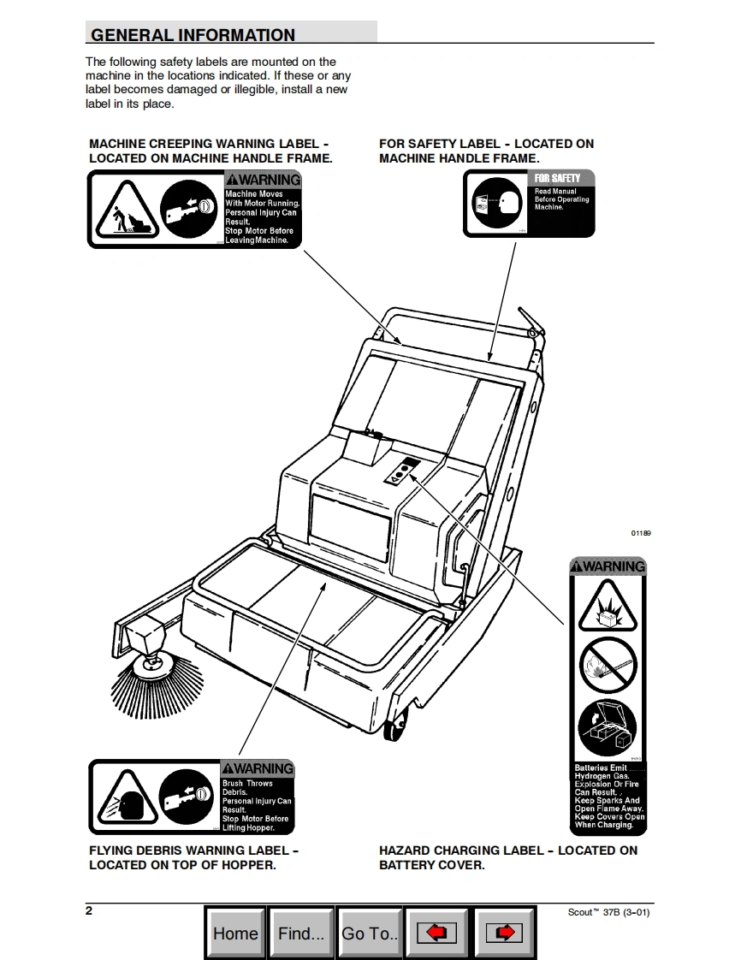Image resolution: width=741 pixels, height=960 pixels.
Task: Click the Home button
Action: (x=235, y=933)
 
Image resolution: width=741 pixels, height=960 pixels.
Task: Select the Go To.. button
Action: (x=370, y=933)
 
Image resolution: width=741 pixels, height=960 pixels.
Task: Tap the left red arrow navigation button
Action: (x=436, y=933)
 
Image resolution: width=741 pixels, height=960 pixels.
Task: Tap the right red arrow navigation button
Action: (x=504, y=933)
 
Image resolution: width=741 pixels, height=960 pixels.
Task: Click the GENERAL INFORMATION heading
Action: (x=193, y=35)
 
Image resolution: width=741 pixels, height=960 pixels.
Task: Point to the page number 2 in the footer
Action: (x=89, y=910)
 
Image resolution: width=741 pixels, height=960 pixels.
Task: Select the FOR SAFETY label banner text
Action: (x=558, y=178)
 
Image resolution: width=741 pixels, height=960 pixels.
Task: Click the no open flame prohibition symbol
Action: (x=608, y=667)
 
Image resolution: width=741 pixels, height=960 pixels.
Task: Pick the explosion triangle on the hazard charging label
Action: (x=608, y=608)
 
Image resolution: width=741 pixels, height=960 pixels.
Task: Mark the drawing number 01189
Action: (x=641, y=533)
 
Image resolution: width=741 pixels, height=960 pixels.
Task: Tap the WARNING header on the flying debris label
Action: (x=258, y=768)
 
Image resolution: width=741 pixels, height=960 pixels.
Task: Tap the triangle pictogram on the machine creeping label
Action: (x=122, y=211)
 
